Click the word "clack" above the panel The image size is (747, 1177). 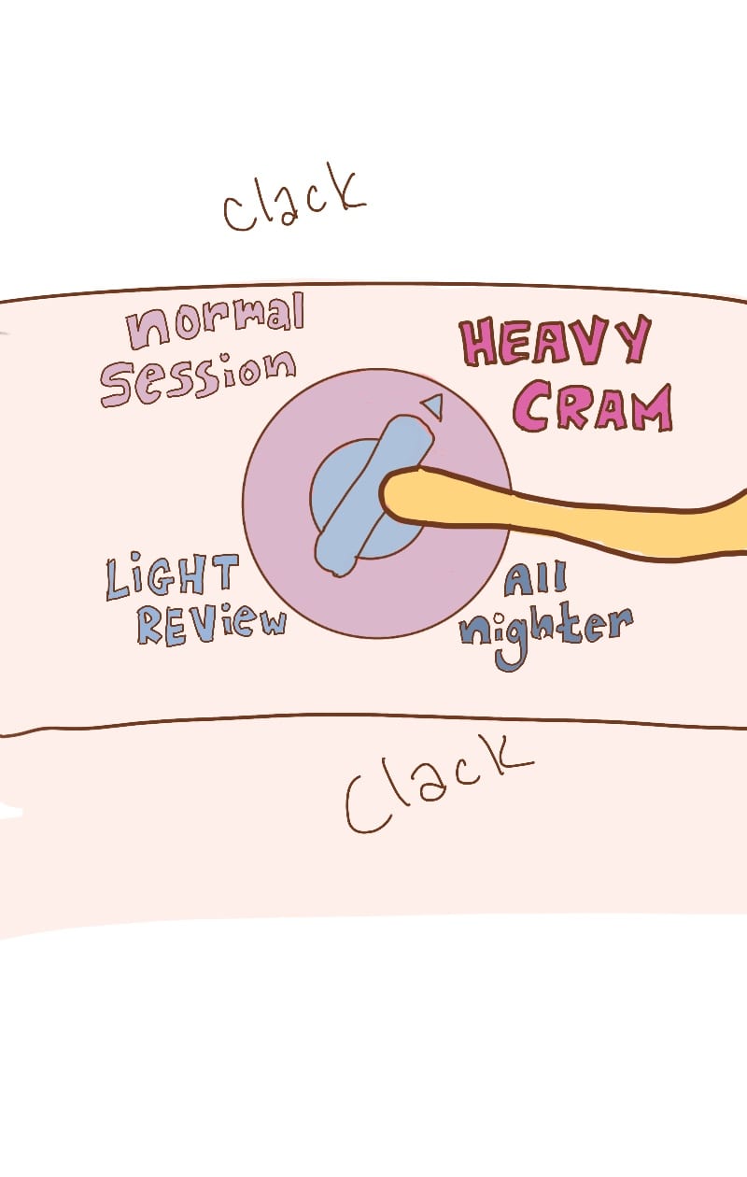293,200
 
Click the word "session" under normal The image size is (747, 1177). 197,376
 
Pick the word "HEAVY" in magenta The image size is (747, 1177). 556,344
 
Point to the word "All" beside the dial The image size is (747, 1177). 536,581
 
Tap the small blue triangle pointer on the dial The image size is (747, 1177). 432,405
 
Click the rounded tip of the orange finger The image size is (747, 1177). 392,495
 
